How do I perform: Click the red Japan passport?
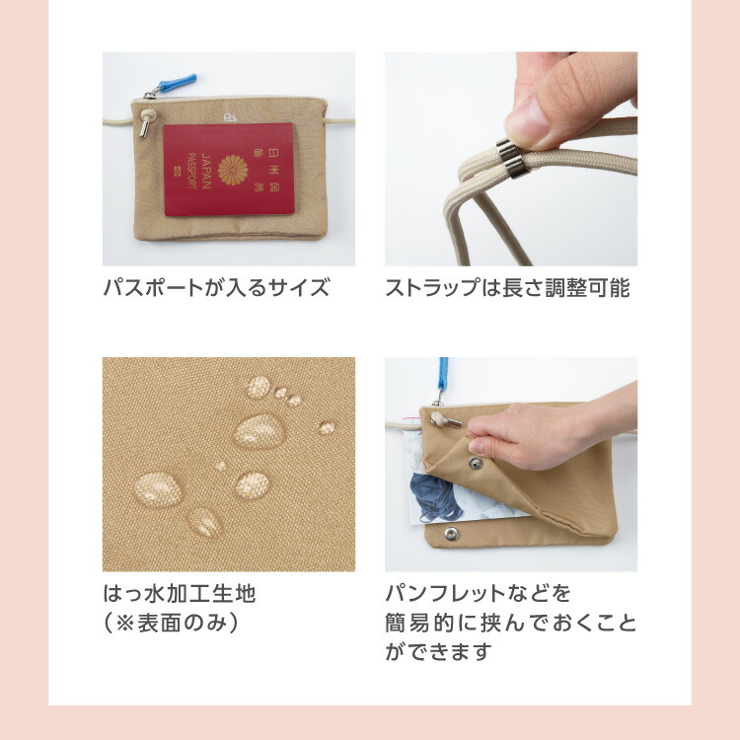point(229,169)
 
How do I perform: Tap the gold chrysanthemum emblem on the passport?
point(233,170)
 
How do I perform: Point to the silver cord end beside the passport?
point(144,128)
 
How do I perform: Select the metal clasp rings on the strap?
point(513,159)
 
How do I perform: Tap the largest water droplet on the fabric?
point(259,430)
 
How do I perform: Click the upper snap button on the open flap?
point(476,463)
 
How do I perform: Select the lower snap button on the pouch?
point(451,534)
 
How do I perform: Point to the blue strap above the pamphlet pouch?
point(443,374)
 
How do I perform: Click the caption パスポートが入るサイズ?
point(216,287)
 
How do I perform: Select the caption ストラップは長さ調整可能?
point(507,287)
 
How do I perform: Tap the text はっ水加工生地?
point(180,593)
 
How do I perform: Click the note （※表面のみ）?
point(171,623)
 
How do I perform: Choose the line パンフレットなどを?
point(479,593)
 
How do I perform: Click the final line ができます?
point(438,652)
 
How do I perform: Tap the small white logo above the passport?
point(230,116)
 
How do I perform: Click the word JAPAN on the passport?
point(206,171)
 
